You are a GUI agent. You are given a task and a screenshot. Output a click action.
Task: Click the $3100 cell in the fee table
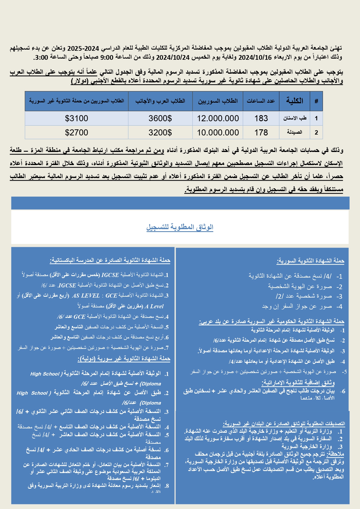tap(77, 118)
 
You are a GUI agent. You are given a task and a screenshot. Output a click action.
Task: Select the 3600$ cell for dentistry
tap(160, 118)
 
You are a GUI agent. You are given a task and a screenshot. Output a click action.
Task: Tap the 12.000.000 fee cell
tap(218, 118)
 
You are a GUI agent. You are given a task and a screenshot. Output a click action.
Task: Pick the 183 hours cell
tap(261, 118)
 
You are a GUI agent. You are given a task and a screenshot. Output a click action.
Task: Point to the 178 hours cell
tap(261, 133)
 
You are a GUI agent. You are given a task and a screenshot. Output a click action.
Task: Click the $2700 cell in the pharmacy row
tap(77, 133)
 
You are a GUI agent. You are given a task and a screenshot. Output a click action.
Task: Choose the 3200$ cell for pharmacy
tap(160, 133)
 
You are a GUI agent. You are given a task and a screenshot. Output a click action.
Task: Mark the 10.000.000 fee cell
tap(218, 133)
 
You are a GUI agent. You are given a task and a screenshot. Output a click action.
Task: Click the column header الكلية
tap(294, 101)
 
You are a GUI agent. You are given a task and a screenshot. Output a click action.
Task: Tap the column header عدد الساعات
tap(261, 101)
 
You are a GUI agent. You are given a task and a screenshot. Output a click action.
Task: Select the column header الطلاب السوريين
tap(218, 101)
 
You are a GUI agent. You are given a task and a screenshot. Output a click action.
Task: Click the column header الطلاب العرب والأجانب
tap(160, 101)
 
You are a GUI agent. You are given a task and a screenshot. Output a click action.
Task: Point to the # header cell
tap(316, 101)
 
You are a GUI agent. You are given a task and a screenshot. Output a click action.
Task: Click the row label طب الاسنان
tap(295, 118)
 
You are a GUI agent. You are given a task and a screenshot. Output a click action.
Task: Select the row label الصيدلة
tap(294, 133)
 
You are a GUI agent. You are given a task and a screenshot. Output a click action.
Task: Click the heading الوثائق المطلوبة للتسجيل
tap(180, 227)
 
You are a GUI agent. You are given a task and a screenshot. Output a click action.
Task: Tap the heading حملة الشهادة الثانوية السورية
tap(311, 261)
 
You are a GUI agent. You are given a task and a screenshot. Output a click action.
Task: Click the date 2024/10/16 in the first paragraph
tap(255, 57)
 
